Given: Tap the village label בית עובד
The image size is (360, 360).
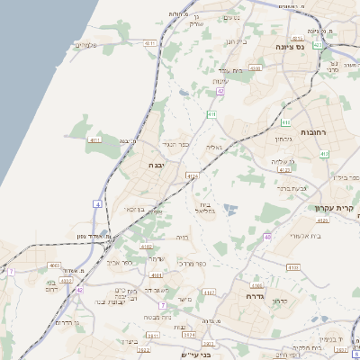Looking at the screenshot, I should [231, 70].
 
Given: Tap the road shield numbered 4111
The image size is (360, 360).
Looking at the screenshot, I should [95, 140].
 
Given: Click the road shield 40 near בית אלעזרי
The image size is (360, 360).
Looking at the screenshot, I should [267, 237].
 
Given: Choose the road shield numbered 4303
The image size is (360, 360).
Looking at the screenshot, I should [255, 67].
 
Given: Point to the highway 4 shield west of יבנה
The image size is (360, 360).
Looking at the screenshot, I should [97, 203].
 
